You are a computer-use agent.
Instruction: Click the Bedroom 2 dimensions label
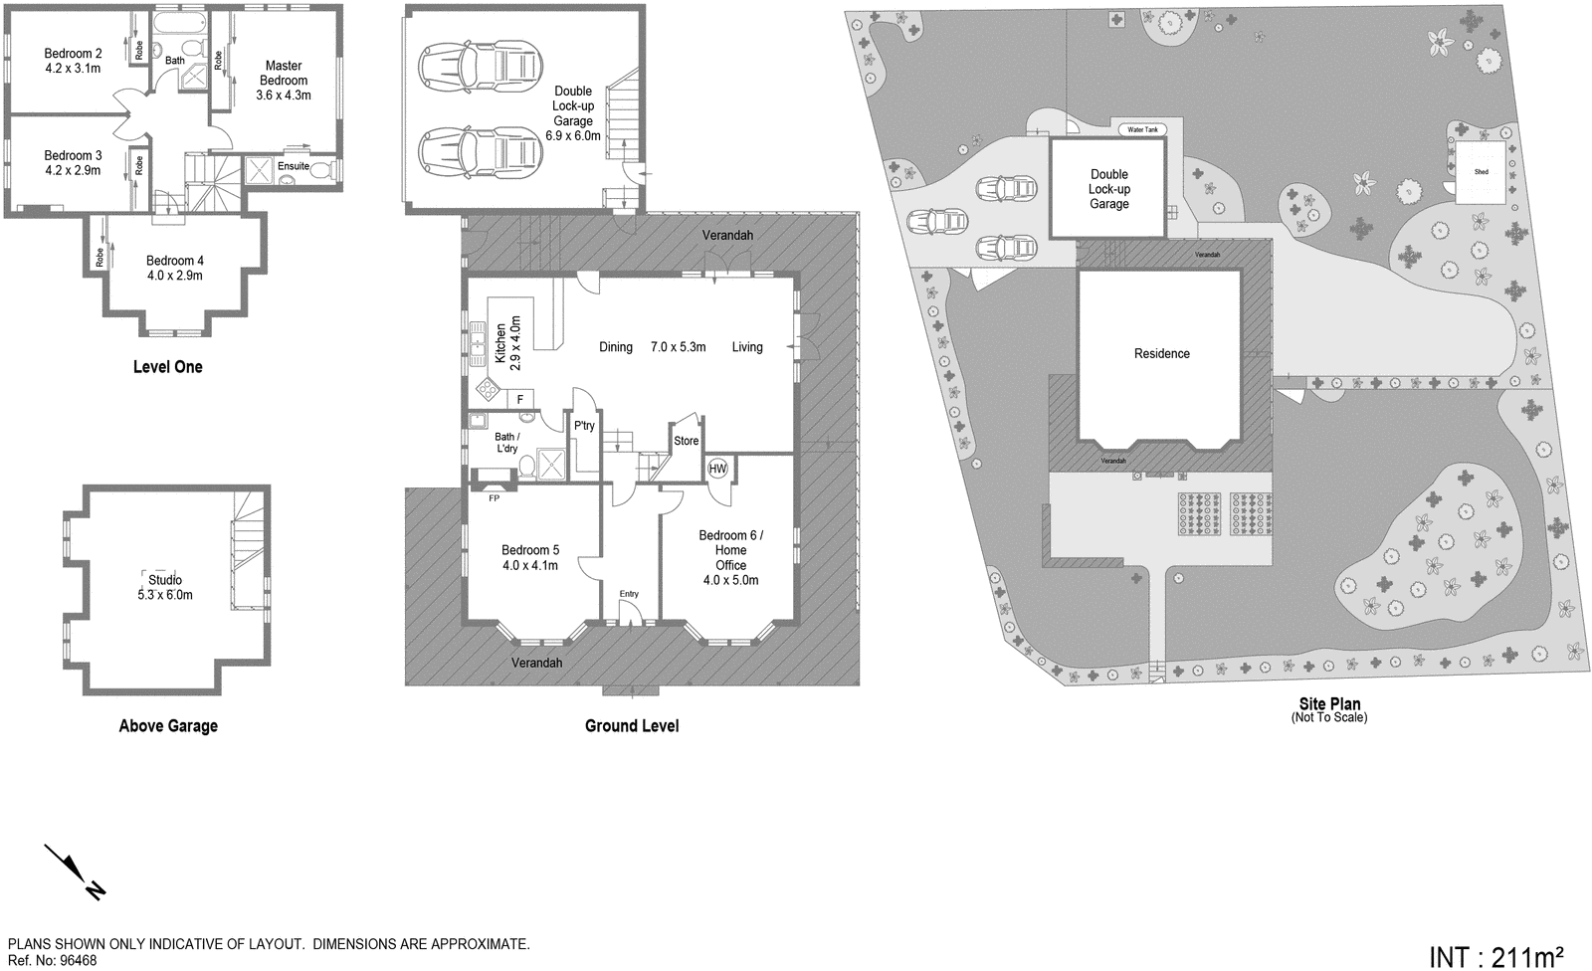(73, 70)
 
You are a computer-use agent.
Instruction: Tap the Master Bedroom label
(284, 81)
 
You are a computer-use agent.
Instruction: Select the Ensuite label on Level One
(294, 166)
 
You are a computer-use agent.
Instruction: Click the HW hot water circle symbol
(717, 469)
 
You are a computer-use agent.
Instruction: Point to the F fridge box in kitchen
(520, 400)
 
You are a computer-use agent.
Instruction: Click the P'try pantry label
(584, 426)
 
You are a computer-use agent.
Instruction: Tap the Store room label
(687, 441)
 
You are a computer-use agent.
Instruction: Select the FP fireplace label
(493, 498)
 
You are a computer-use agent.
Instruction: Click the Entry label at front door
(629, 594)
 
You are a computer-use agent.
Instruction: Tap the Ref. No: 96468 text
(53, 961)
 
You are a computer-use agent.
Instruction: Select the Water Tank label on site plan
(1141, 129)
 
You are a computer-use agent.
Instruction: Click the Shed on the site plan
(1481, 171)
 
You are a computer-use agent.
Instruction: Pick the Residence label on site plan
(1161, 353)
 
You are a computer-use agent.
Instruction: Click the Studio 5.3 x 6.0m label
(165, 587)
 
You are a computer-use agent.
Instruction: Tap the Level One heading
(167, 366)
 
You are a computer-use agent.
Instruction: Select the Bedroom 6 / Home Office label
(730, 557)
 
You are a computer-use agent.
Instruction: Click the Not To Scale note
(1329, 717)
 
